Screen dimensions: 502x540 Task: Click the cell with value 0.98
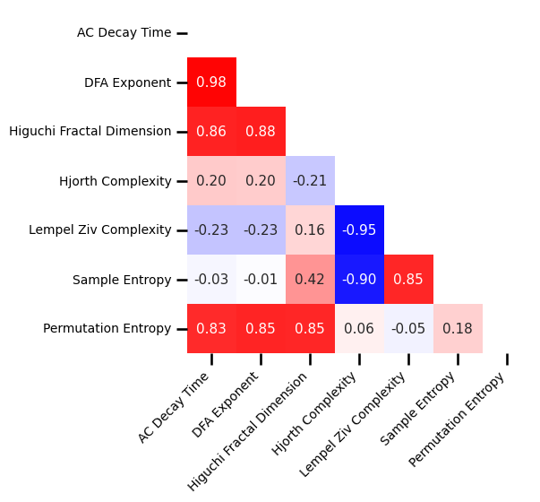tap(211, 82)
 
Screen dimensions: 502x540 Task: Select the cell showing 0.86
tap(211, 132)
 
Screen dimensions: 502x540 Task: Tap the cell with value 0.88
tap(261, 132)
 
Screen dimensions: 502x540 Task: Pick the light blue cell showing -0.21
tap(310, 181)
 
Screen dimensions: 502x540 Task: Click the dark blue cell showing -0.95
tap(359, 230)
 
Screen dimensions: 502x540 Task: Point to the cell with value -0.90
tap(359, 280)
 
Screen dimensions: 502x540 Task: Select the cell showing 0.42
tap(310, 280)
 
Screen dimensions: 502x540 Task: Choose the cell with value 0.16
tap(310, 230)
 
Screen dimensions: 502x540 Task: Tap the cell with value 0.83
tap(211, 329)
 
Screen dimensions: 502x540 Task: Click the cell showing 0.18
tap(458, 329)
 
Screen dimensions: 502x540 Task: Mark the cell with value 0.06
tap(359, 329)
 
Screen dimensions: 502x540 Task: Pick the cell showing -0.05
tap(408, 329)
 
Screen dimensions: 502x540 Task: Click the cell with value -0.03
tap(211, 280)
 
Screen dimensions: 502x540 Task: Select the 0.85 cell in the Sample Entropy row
tap(408, 280)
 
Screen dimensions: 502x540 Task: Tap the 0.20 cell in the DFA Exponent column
tap(261, 181)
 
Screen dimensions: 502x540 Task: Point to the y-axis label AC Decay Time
tap(124, 33)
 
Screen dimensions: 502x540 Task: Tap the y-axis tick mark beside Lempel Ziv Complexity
tap(182, 230)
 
